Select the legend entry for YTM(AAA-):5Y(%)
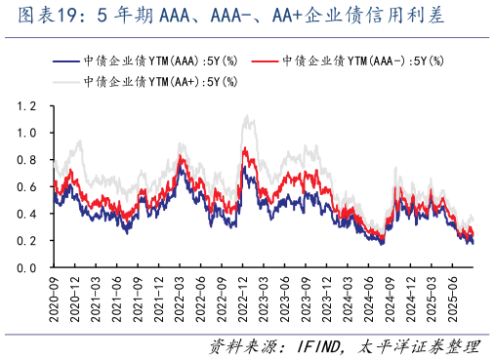(361, 60)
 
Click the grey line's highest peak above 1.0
(248, 117)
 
